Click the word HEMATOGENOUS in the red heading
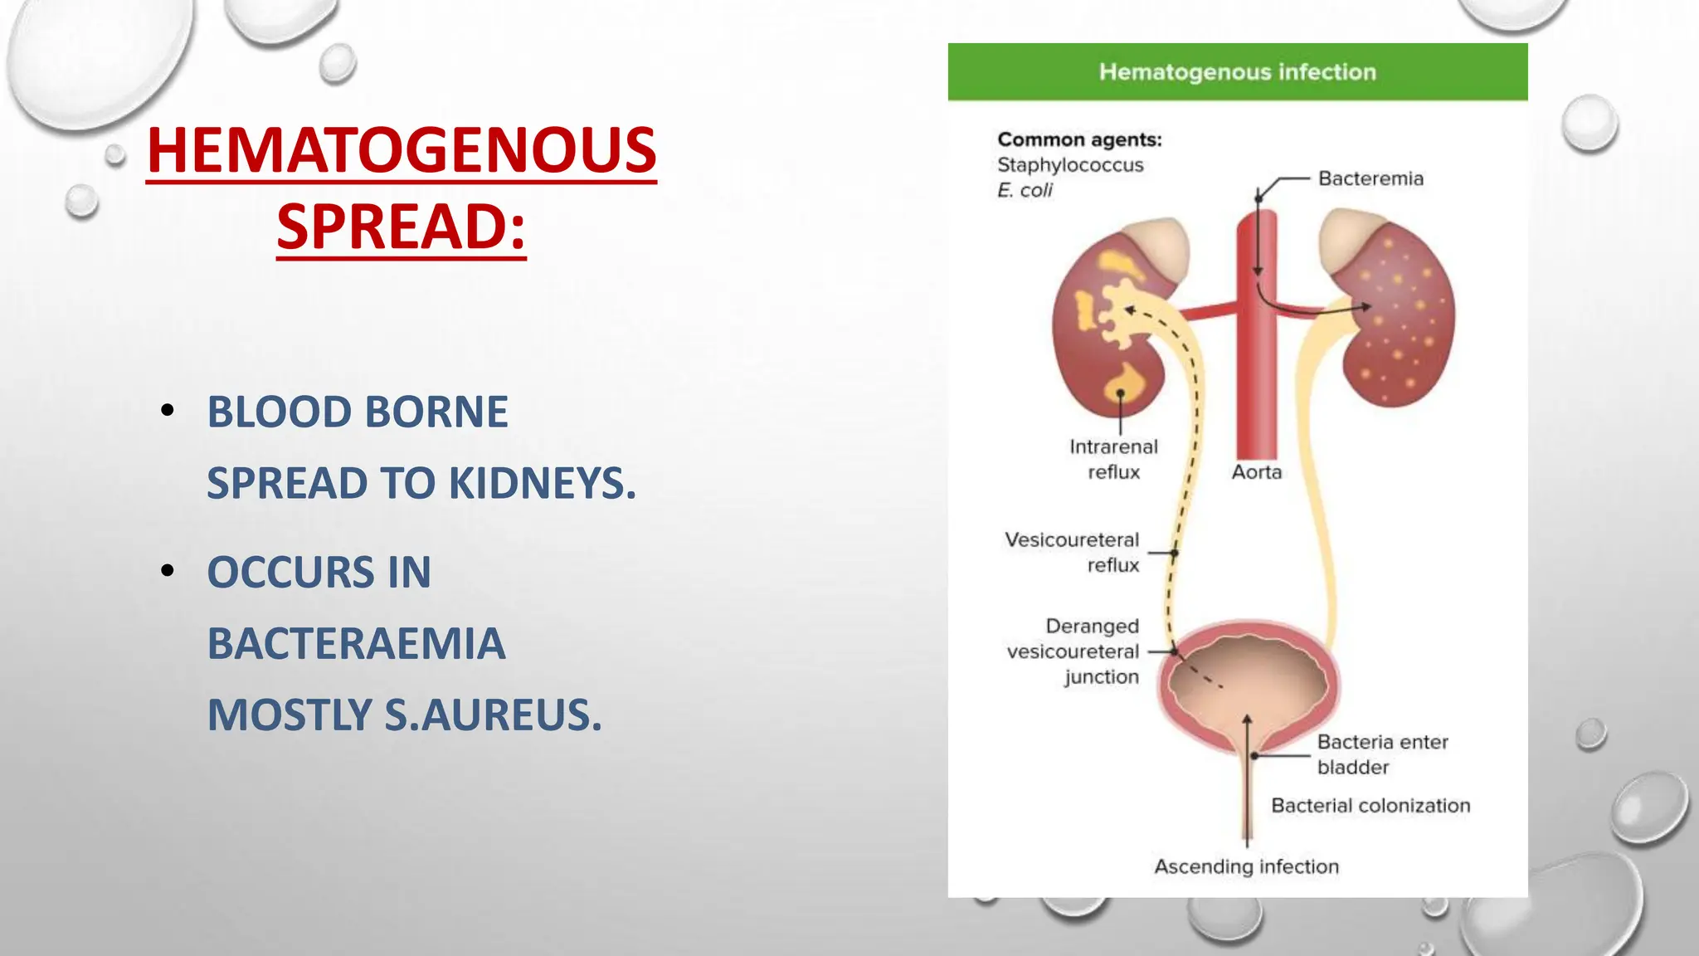(402, 150)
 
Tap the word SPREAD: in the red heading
(402, 227)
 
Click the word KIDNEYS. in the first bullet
(542, 483)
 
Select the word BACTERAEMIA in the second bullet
(356, 643)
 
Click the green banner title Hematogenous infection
(1237, 72)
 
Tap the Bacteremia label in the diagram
(1370, 178)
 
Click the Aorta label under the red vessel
(1256, 472)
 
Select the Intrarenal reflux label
(1113, 459)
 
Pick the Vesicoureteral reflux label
(1072, 552)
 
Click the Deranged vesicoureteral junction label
(1073, 651)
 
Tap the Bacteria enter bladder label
(1382, 754)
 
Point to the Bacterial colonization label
(1370, 806)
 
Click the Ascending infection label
(1246, 866)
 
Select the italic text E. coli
(1025, 191)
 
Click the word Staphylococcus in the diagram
(1070, 165)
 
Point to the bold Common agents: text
(1079, 139)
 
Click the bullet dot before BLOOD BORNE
(168, 410)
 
